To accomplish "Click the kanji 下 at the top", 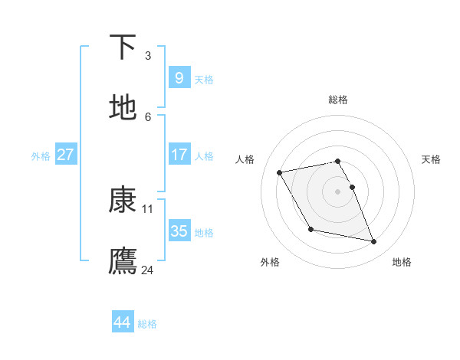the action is coord(123,47).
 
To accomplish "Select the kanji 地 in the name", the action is coord(123,108).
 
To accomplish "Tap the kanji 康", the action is coord(123,200).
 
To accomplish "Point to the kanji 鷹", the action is coord(123,261).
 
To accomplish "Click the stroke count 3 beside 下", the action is coord(148,55).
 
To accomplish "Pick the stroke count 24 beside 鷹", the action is coord(148,270).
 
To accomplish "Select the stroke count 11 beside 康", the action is coord(148,208).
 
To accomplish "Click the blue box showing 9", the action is coord(179,77).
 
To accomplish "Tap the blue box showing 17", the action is coord(179,154).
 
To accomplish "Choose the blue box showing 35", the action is coord(179,231).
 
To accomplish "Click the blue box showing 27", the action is coord(66,154).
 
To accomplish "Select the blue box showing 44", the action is coord(122,322).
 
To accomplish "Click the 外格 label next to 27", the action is coord(41,155).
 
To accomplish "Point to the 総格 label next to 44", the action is coord(147,324).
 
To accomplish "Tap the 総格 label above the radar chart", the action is coord(338,100).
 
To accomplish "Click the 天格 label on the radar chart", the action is coord(431,159).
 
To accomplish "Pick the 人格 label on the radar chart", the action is coord(245,159).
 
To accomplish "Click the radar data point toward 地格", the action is coord(374,242).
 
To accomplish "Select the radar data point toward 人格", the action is coord(279,172).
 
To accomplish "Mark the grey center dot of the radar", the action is coord(338,191).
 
